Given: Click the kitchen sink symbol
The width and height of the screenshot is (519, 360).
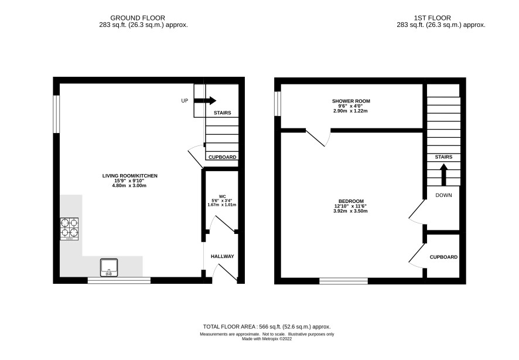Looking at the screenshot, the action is (108, 267).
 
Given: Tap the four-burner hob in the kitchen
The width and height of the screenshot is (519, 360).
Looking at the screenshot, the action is (69, 229).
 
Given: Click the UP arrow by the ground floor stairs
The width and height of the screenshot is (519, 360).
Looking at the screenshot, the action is (205, 101).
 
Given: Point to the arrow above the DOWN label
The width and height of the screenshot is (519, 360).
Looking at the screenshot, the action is (443, 175).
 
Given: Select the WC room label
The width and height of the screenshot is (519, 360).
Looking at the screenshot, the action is (222, 196).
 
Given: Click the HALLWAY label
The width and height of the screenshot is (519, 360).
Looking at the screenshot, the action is (223, 256).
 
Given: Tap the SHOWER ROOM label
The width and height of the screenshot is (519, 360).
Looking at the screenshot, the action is (351, 101).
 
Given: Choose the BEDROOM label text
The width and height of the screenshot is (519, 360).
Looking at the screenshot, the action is (351, 201).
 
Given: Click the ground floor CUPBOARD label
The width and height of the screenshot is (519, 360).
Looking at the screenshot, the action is (223, 157).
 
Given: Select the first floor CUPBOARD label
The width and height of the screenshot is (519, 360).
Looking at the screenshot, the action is (443, 257).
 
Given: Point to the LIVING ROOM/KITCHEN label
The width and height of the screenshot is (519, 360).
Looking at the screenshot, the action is (130, 176).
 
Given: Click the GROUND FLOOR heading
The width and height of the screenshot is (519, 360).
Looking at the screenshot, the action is (138, 18).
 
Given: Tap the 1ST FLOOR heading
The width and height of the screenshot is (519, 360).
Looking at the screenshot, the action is (432, 18).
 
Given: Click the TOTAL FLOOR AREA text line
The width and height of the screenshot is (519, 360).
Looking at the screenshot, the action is (267, 327).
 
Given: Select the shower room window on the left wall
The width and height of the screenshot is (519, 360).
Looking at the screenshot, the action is (278, 104).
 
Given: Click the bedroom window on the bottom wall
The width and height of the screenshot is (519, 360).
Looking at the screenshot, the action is (344, 281).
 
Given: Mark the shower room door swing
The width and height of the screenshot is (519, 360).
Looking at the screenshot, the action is (318, 137).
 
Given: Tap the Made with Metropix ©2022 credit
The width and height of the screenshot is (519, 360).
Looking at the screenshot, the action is (267, 339).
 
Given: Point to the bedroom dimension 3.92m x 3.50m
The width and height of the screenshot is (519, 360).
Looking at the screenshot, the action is (351, 211).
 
